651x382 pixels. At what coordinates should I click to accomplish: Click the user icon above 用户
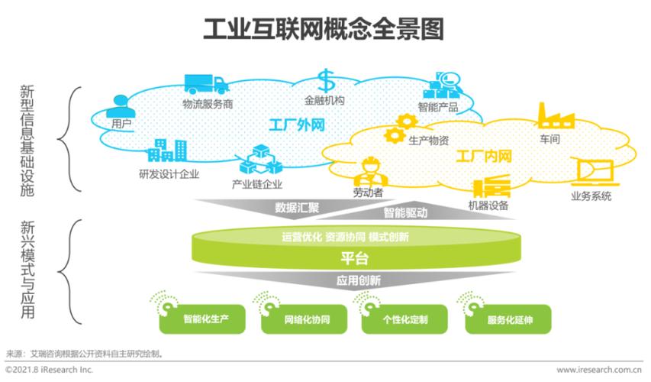click(x=121, y=105)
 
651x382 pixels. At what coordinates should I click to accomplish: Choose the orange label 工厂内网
click(x=483, y=158)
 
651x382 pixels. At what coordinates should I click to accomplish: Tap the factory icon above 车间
click(x=556, y=115)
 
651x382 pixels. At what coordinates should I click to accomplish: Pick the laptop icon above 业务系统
click(x=592, y=173)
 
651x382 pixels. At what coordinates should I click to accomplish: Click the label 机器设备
click(x=488, y=206)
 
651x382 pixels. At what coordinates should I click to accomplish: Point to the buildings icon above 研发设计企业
click(x=167, y=151)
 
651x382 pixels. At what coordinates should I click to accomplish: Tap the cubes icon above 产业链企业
click(x=256, y=162)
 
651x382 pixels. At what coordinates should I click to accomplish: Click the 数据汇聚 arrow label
click(x=297, y=207)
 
